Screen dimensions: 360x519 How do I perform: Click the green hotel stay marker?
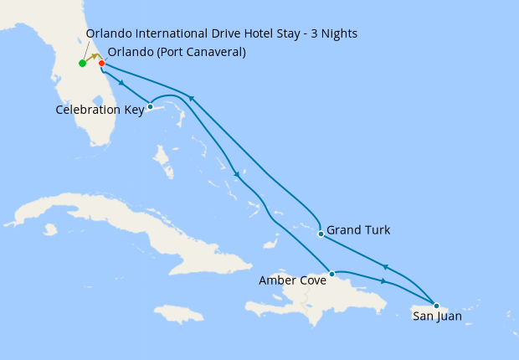click(82, 64)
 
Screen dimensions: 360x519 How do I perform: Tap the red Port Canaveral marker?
click(101, 64)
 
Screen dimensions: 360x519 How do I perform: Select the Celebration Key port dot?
click(150, 106)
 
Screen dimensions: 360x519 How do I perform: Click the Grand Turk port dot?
click(321, 234)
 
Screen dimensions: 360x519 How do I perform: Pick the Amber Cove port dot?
click(332, 274)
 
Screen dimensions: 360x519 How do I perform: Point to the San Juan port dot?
click(436, 305)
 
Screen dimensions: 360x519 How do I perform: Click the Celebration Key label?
click(100, 110)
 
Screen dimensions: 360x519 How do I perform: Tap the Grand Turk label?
click(358, 229)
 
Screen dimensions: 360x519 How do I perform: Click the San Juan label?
click(437, 316)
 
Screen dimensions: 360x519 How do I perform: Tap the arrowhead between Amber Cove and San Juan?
click(384, 280)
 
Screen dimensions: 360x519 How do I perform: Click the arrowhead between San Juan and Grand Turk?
click(384, 266)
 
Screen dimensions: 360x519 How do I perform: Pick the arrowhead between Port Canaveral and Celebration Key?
click(123, 83)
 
